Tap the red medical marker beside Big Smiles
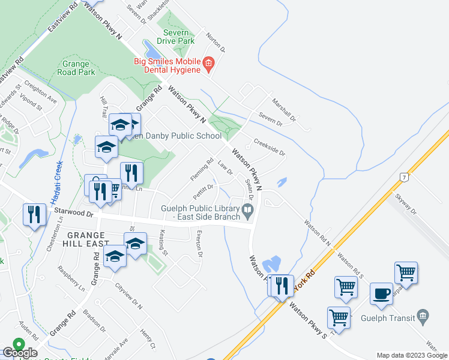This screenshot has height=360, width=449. point(209,63)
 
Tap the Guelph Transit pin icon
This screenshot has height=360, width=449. point(423,315)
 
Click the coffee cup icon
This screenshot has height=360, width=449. point(382,295)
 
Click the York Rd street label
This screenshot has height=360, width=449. point(305,281)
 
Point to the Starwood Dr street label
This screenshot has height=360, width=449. point(74,212)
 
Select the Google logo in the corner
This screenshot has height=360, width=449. point(20,352)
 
